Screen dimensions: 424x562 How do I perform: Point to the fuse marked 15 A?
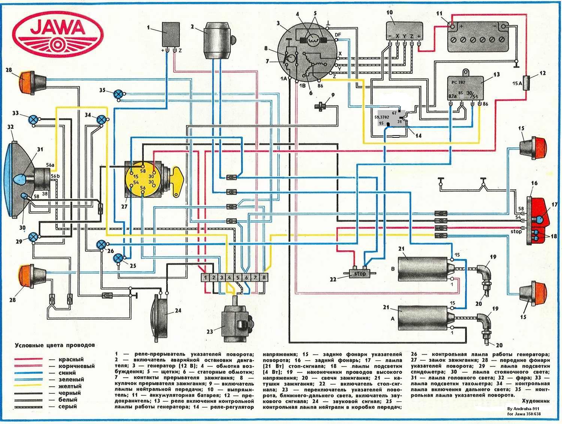coord(528,83)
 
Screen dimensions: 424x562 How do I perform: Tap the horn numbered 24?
coord(159,315)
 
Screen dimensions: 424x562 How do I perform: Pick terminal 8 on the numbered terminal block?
coord(264,277)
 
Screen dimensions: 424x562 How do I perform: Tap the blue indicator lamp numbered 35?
coord(120,94)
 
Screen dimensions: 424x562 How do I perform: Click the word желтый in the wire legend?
coord(70,386)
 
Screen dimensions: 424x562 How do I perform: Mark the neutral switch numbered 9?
coord(320,106)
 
